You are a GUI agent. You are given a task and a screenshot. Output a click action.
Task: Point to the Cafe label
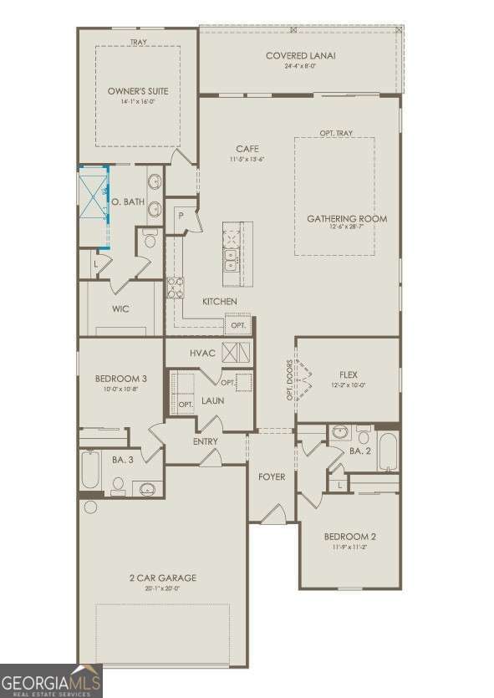pyautogui.click(x=247, y=149)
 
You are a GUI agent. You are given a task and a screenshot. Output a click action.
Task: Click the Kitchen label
pyautogui.click(x=220, y=301)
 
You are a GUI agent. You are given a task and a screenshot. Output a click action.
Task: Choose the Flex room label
pyautogui.click(x=349, y=374)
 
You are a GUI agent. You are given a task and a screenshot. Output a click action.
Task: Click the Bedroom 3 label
pyautogui.click(x=121, y=380)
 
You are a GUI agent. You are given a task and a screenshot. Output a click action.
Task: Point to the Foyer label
pyautogui.click(x=271, y=476)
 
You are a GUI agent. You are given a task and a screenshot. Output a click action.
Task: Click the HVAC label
pyautogui.click(x=202, y=354)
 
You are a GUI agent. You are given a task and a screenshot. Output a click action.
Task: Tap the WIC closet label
pyautogui.click(x=120, y=308)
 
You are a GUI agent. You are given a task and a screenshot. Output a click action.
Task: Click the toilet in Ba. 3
pyautogui.click(x=118, y=484)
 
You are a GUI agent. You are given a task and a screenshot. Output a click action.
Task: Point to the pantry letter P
pyautogui.click(x=180, y=215)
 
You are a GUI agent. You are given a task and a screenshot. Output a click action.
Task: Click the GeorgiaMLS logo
pyautogui.click(x=51, y=680)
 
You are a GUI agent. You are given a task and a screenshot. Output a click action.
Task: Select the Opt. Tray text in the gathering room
pyautogui.click(x=335, y=133)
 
